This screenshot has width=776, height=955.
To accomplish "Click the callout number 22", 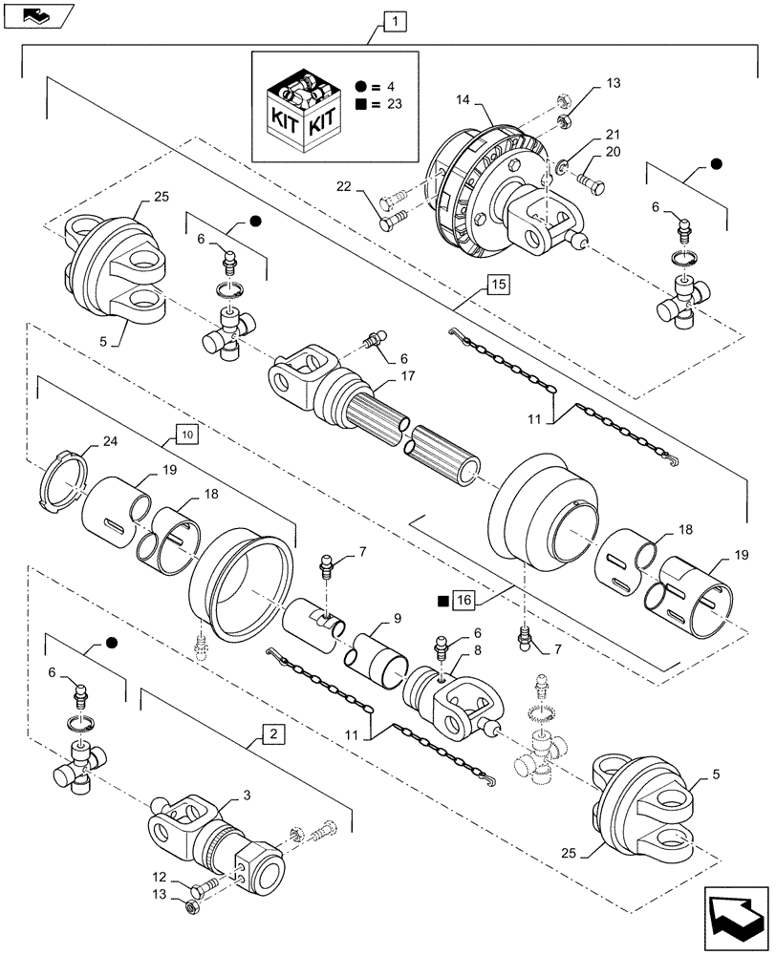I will click(344, 190).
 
